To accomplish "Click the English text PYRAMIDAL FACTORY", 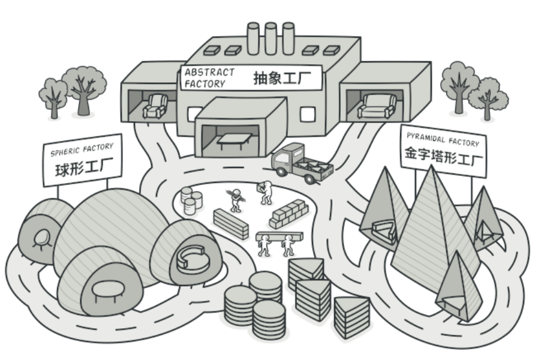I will [443, 139].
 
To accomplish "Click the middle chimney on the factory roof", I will [270, 34].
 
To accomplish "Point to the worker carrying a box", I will [265, 191].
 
